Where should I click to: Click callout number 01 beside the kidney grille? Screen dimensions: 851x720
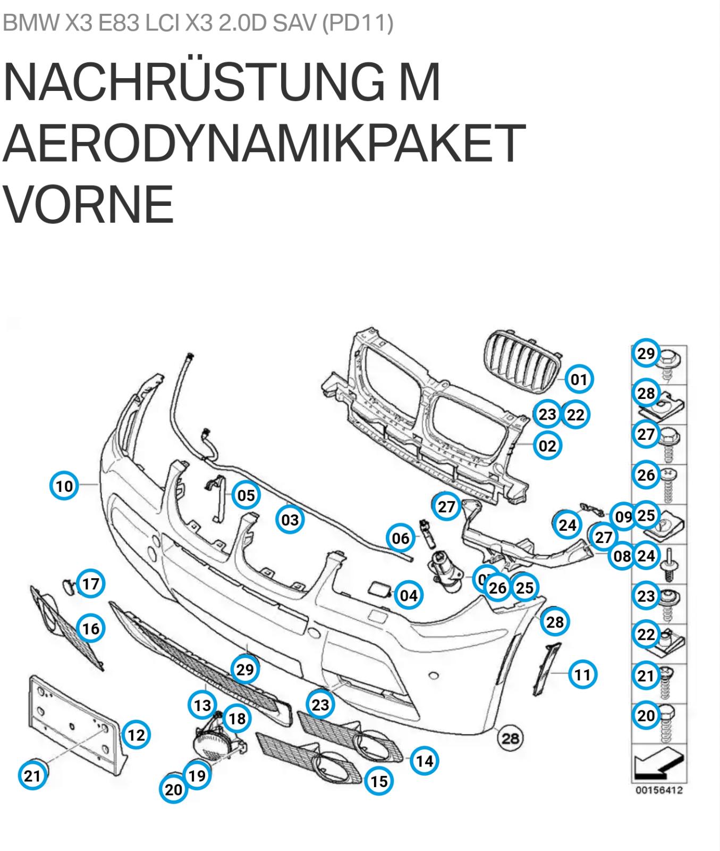pyautogui.click(x=579, y=379)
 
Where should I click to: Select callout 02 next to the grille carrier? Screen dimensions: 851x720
pyautogui.click(x=547, y=445)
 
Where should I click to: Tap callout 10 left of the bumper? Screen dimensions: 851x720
pyautogui.click(x=64, y=486)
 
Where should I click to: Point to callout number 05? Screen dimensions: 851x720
pyautogui.click(x=245, y=495)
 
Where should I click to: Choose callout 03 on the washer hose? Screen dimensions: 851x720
pyautogui.click(x=290, y=519)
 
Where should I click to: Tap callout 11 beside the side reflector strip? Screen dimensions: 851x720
pyautogui.click(x=583, y=674)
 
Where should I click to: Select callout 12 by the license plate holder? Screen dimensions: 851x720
pyautogui.click(x=136, y=735)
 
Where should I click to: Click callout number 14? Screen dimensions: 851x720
pyautogui.click(x=424, y=761)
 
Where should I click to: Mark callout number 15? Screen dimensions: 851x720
pyautogui.click(x=379, y=781)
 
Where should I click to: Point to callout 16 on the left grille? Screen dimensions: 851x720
pyautogui.click(x=90, y=628)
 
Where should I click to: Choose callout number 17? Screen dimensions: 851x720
pyautogui.click(x=90, y=583)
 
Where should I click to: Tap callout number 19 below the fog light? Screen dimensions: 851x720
pyautogui.click(x=197, y=775)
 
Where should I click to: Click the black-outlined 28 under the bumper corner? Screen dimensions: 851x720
pyautogui.click(x=510, y=738)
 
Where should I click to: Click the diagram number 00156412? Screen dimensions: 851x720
pyautogui.click(x=658, y=790)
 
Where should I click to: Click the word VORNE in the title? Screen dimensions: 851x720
pyautogui.click(x=89, y=204)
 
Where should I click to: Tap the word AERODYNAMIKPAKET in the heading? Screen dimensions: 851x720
pyautogui.click(x=264, y=143)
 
